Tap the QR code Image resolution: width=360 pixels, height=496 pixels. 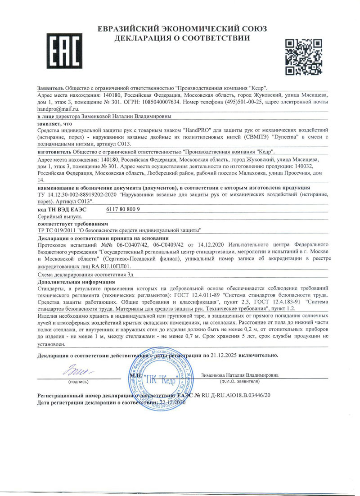(303, 56)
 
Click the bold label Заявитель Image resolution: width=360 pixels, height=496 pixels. (51, 88)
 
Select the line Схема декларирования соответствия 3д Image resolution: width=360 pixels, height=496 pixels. (85, 274)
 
